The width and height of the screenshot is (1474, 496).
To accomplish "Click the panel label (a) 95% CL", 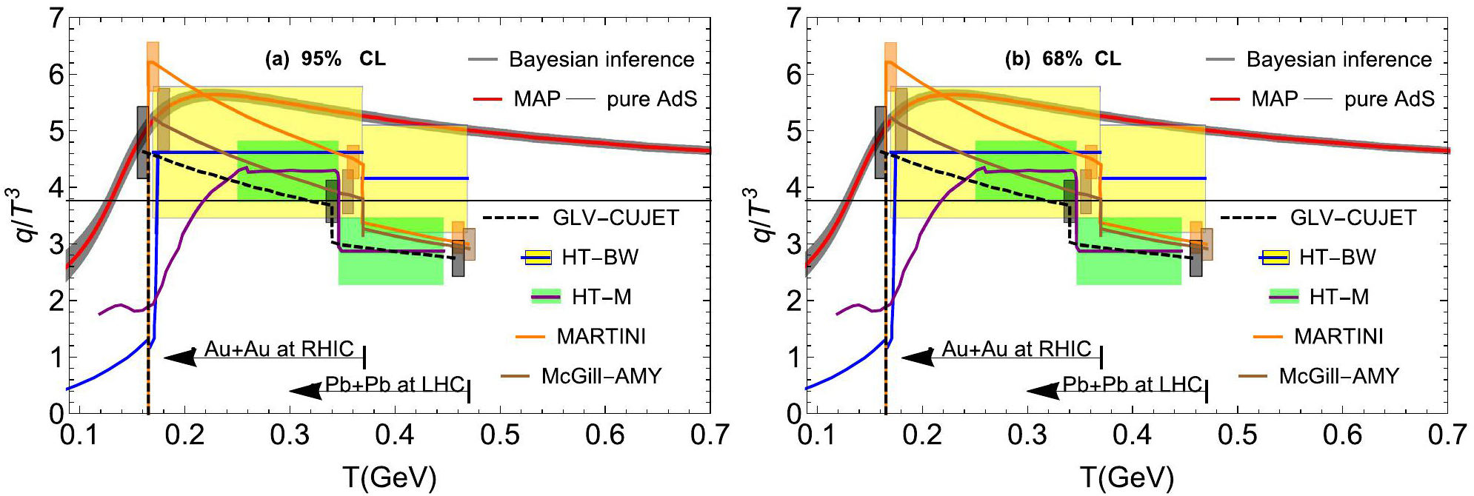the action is (x=325, y=59).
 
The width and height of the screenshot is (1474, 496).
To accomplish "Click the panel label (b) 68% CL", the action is (x=1063, y=59).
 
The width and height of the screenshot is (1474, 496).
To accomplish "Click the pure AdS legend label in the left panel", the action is (x=652, y=99).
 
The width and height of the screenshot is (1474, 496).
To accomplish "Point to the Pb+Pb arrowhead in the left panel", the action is (x=305, y=391).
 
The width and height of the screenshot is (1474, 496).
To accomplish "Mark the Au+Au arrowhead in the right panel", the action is (x=917, y=358).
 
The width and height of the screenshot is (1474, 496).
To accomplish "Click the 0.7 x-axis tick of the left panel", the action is (x=710, y=435).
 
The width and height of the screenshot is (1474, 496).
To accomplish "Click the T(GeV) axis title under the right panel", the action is (x=1127, y=477).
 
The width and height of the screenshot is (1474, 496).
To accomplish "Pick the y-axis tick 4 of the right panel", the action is (x=793, y=187).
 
